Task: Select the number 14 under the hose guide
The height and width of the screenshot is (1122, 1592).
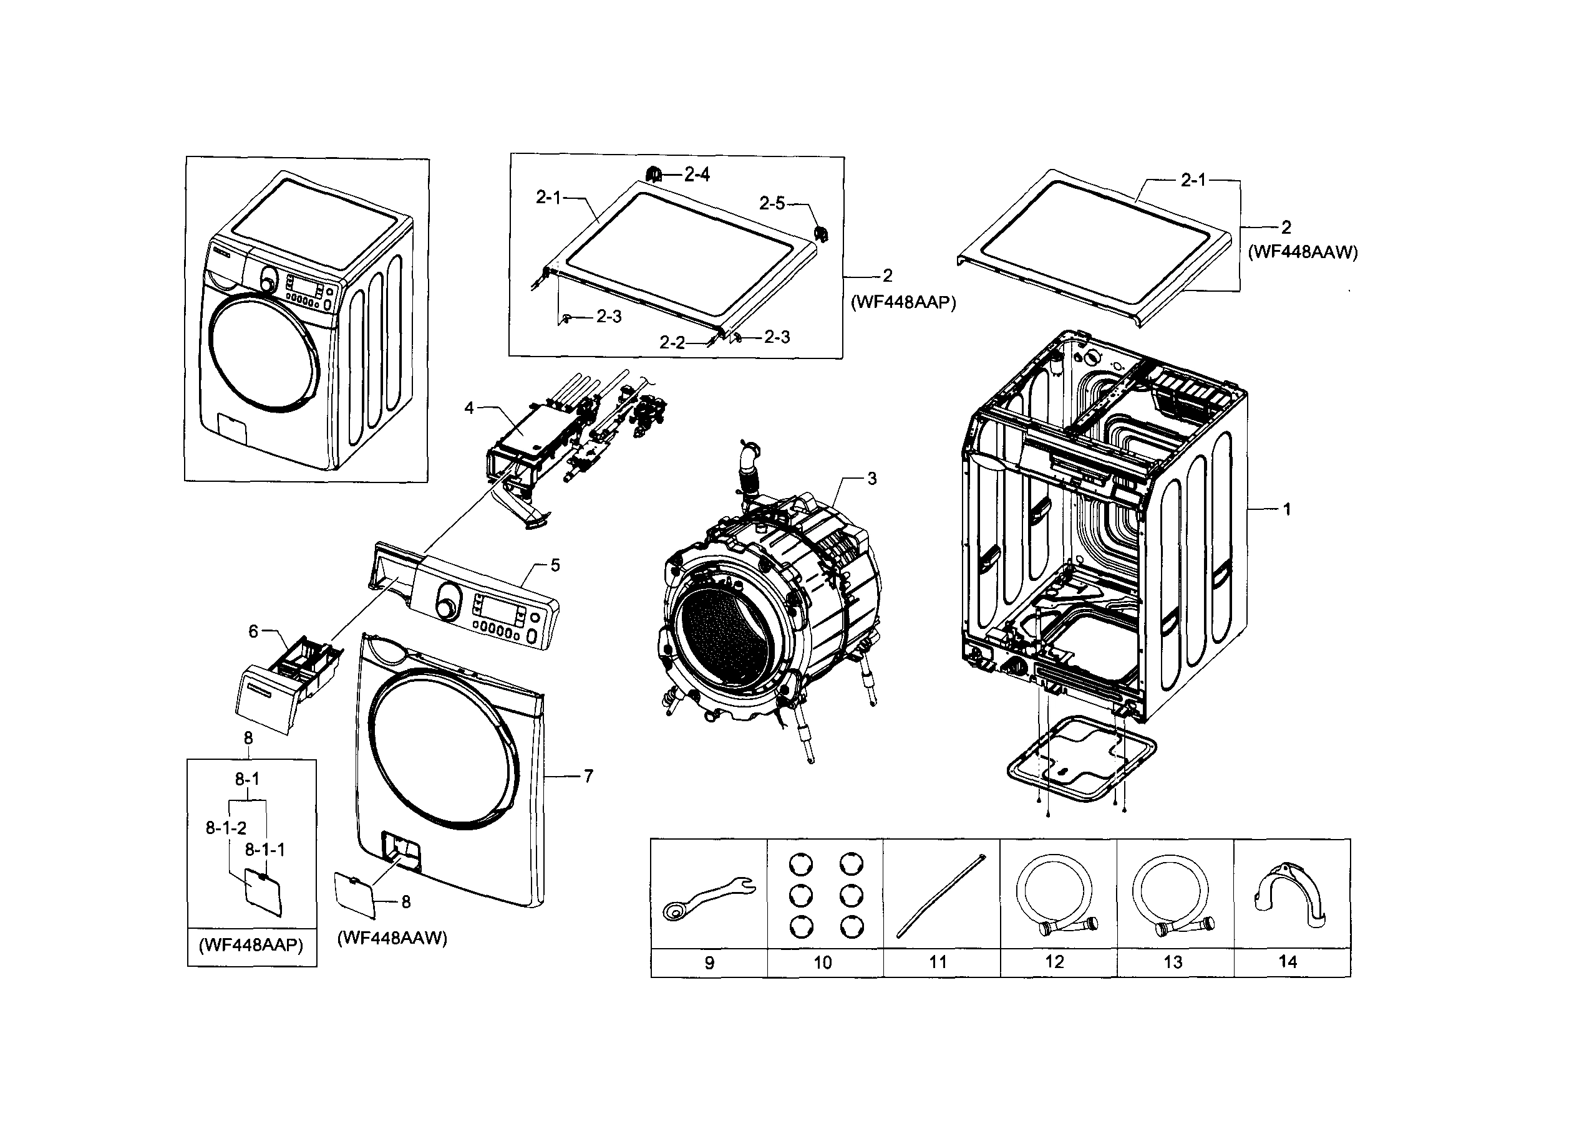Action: point(1288,961)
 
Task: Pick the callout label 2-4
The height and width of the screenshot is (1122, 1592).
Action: point(697,175)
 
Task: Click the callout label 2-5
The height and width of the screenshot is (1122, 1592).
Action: point(772,203)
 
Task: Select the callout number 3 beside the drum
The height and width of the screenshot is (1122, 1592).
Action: point(871,479)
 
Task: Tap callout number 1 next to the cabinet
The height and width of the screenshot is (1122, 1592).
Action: point(1287,509)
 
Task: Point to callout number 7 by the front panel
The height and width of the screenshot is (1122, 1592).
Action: point(588,776)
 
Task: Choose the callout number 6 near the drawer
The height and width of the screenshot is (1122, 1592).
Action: point(253,631)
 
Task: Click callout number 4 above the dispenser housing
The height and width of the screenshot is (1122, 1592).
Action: point(469,408)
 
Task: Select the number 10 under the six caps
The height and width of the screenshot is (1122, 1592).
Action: point(822,962)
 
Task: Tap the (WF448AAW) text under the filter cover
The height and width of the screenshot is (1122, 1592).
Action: point(392,937)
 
